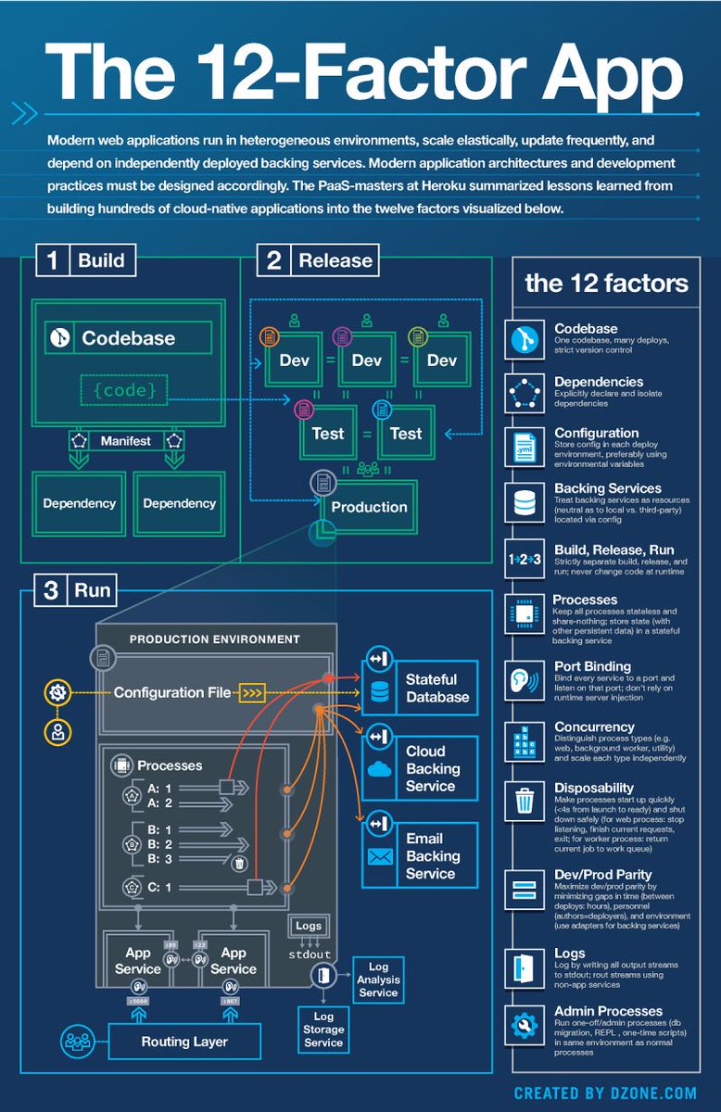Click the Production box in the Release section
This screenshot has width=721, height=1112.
click(x=369, y=507)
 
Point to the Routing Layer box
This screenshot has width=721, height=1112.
click(x=183, y=1042)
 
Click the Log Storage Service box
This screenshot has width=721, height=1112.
click(x=323, y=1030)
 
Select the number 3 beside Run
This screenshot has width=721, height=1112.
click(x=53, y=590)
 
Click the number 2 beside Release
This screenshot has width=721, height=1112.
click(x=274, y=260)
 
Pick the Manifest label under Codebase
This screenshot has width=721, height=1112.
click(x=126, y=441)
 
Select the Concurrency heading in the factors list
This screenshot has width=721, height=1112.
click(x=594, y=728)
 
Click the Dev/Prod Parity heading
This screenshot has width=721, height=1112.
click(x=602, y=874)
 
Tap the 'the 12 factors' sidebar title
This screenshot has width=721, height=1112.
click(x=606, y=284)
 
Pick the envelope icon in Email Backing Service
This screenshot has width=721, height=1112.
click(x=380, y=856)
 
